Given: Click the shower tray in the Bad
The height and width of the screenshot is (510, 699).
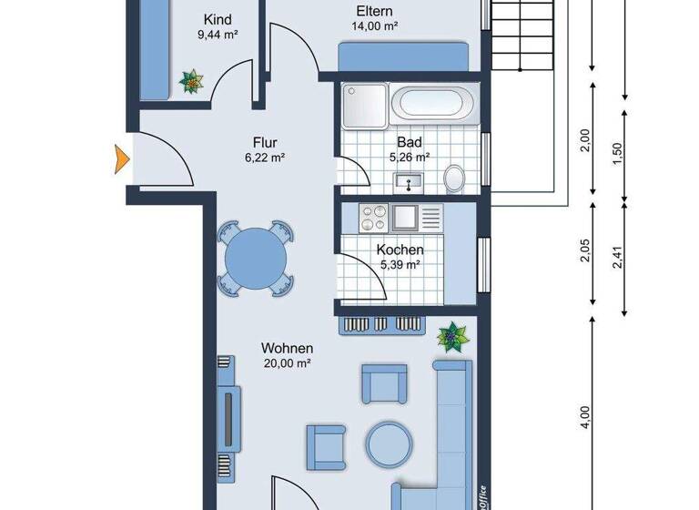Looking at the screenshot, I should tap(364, 107).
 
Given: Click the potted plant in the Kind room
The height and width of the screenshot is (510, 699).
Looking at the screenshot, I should tap(192, 82).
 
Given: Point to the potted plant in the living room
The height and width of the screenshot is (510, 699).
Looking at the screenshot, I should tap(451, 337).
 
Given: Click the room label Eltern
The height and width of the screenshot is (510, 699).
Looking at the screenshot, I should tap(374, 12).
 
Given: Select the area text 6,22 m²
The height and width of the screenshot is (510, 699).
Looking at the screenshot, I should tap(265, 157).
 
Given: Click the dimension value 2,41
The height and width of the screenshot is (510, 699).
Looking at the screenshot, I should tap(620, 259).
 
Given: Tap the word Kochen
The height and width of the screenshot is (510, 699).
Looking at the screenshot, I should tap(400, 250).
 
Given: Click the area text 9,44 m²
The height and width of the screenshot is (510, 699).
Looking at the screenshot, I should tap(218, 36).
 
